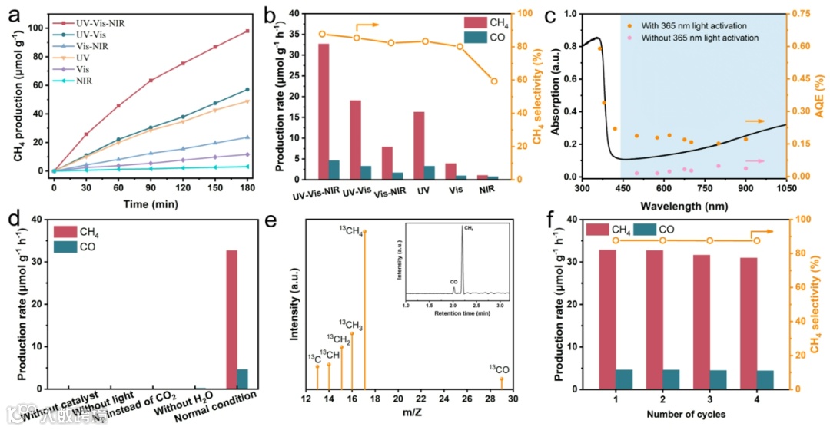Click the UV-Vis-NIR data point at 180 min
(247, 31)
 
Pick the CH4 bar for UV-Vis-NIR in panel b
(324, 111)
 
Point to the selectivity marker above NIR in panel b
(494, 81)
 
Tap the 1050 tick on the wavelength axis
(785, 189)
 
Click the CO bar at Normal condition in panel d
(243, 379)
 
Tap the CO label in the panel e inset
(453, 283)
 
